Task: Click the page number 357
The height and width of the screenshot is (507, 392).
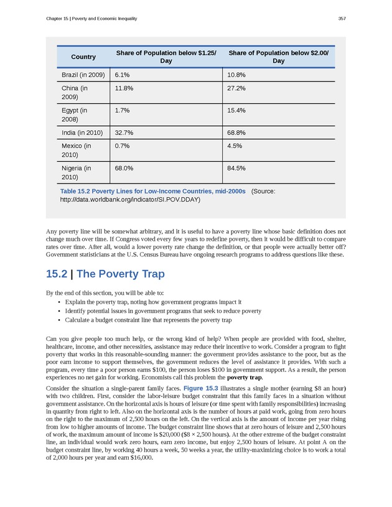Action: [342, 19]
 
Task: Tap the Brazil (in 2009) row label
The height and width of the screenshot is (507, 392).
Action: [83, 75]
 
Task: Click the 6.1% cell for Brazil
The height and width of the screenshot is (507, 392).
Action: [122, 75]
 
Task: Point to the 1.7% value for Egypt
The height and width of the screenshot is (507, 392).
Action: [122, 110]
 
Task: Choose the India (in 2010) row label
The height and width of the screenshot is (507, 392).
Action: [82, 133]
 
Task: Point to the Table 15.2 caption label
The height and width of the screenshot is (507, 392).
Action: [152, 191]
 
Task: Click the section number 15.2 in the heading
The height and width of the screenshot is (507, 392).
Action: [57, 274]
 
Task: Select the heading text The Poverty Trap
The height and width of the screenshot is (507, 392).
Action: [120, 274]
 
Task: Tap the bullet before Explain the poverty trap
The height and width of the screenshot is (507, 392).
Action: [58, 302]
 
